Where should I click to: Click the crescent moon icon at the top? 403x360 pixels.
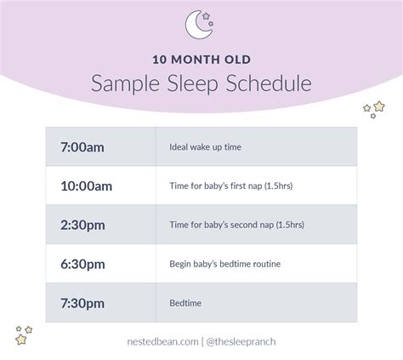click(201, 26)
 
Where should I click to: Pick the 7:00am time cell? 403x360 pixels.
click(82, 146)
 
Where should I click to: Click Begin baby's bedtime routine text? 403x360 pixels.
click(219, 264)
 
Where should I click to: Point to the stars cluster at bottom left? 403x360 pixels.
click(24, 334)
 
